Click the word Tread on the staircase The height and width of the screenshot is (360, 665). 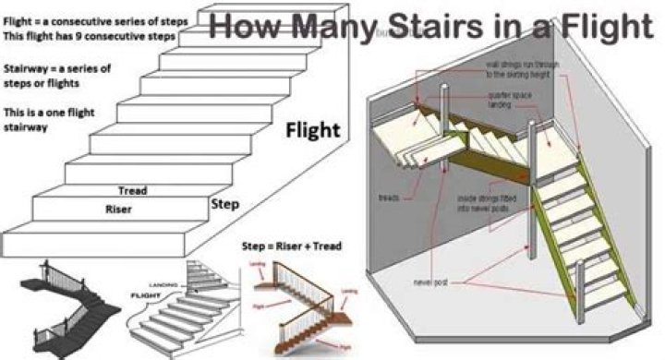(x=134, y=191)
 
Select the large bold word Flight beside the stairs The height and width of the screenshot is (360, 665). (x=311, y=128)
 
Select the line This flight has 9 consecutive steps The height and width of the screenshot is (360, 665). (x=89, y=36)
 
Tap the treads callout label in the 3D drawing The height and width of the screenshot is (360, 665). (x=389, y=197)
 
